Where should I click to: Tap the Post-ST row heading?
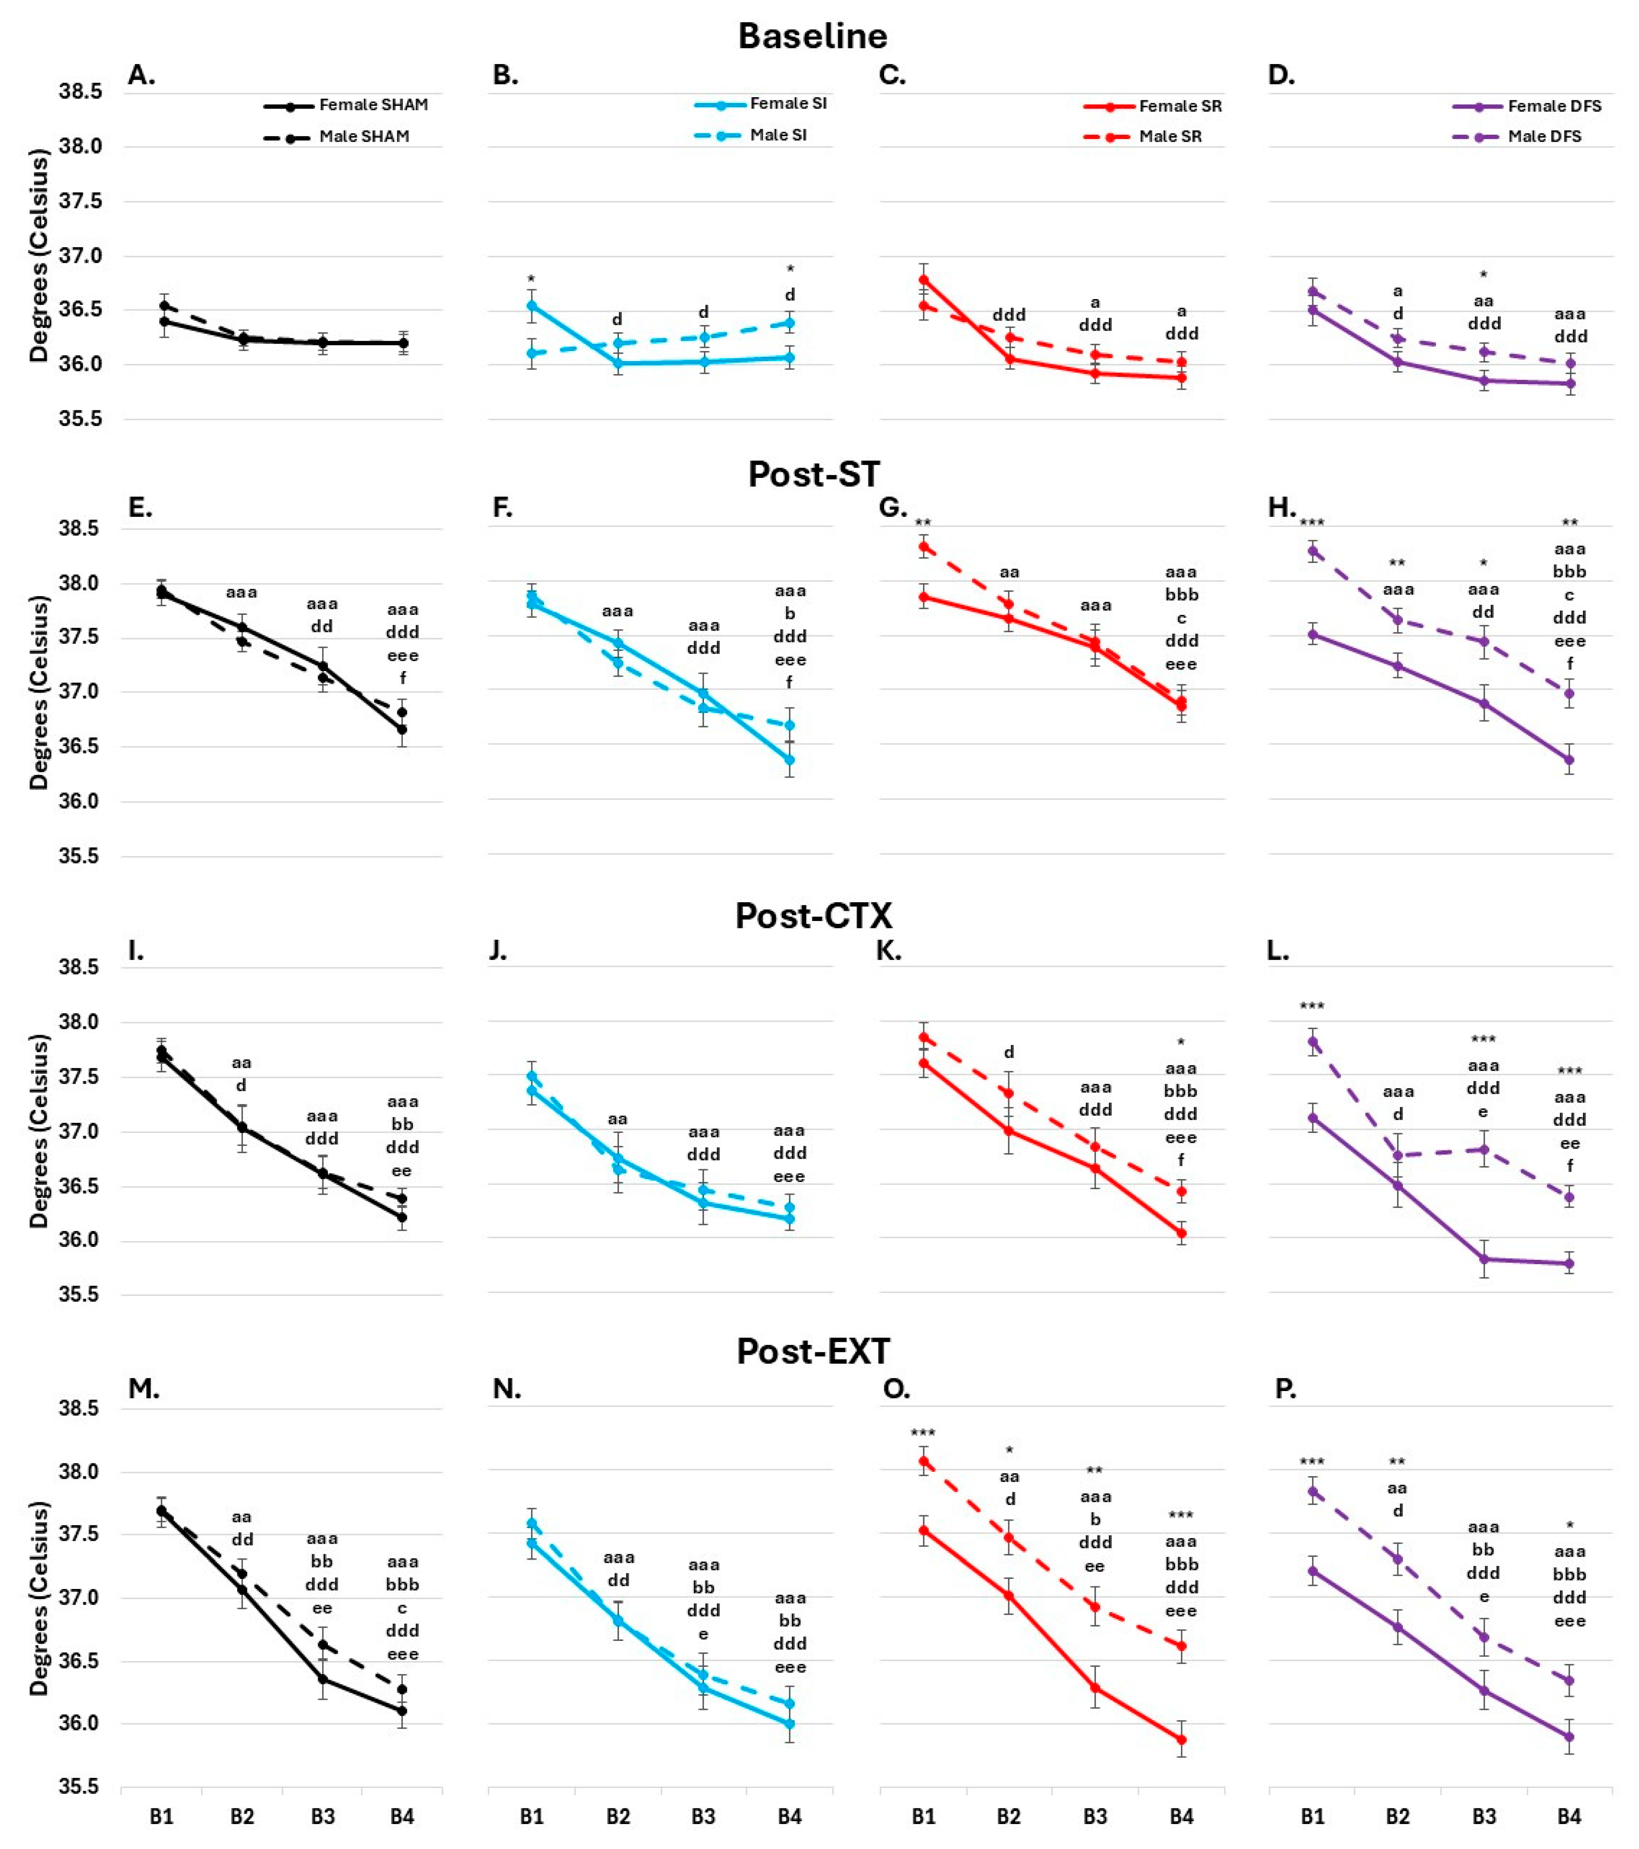(813, 474)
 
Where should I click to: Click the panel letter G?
(892, 508)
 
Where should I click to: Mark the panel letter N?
(505, 1389)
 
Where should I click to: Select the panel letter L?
(1277, 951)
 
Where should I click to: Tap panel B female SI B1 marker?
(532, 306)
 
